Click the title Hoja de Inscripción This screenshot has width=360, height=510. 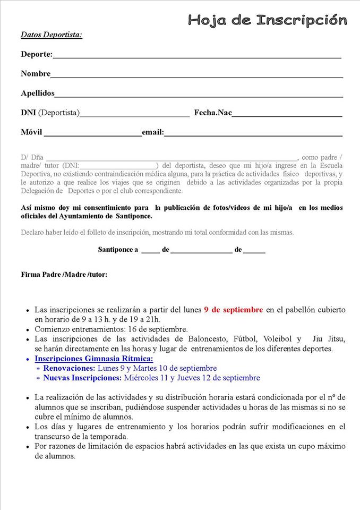click(x=268, y=21)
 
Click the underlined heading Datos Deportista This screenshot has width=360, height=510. click(x=52, y=35)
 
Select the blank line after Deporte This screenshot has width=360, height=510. click(x=196, y=56)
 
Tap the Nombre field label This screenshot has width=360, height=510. click(x=36, y=74)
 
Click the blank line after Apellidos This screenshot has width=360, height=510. click(x=199, y=95)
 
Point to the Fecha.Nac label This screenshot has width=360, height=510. click(x=213, y=113)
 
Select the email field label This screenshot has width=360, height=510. click(x=153, y=132)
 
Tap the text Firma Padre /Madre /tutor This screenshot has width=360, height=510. click(x=64, y=275)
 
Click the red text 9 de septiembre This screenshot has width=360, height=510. click(x=233, y=310)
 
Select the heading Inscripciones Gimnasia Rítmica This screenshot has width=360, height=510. click(x=94, y=359)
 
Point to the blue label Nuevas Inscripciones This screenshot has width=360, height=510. click(x=82, y=378)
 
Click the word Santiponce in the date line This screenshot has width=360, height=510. click(x=118, y=249)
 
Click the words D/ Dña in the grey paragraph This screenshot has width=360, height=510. click(x=32, y=157)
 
